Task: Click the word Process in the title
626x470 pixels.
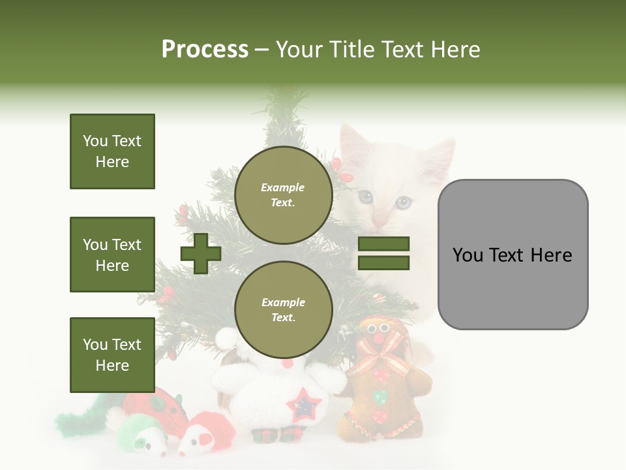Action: coord(205,50)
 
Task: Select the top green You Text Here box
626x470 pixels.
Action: coord(112,151)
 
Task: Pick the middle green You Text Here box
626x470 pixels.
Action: coord(112,255)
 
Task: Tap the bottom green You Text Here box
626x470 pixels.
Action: coord(112,354)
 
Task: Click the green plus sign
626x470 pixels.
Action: coord(201,253)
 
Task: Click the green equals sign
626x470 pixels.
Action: coord(383,253)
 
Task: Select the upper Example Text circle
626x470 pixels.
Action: coord(283,195)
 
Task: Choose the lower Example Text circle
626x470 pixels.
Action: coord(283,309)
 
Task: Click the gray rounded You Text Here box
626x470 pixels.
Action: coord(513,255)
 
